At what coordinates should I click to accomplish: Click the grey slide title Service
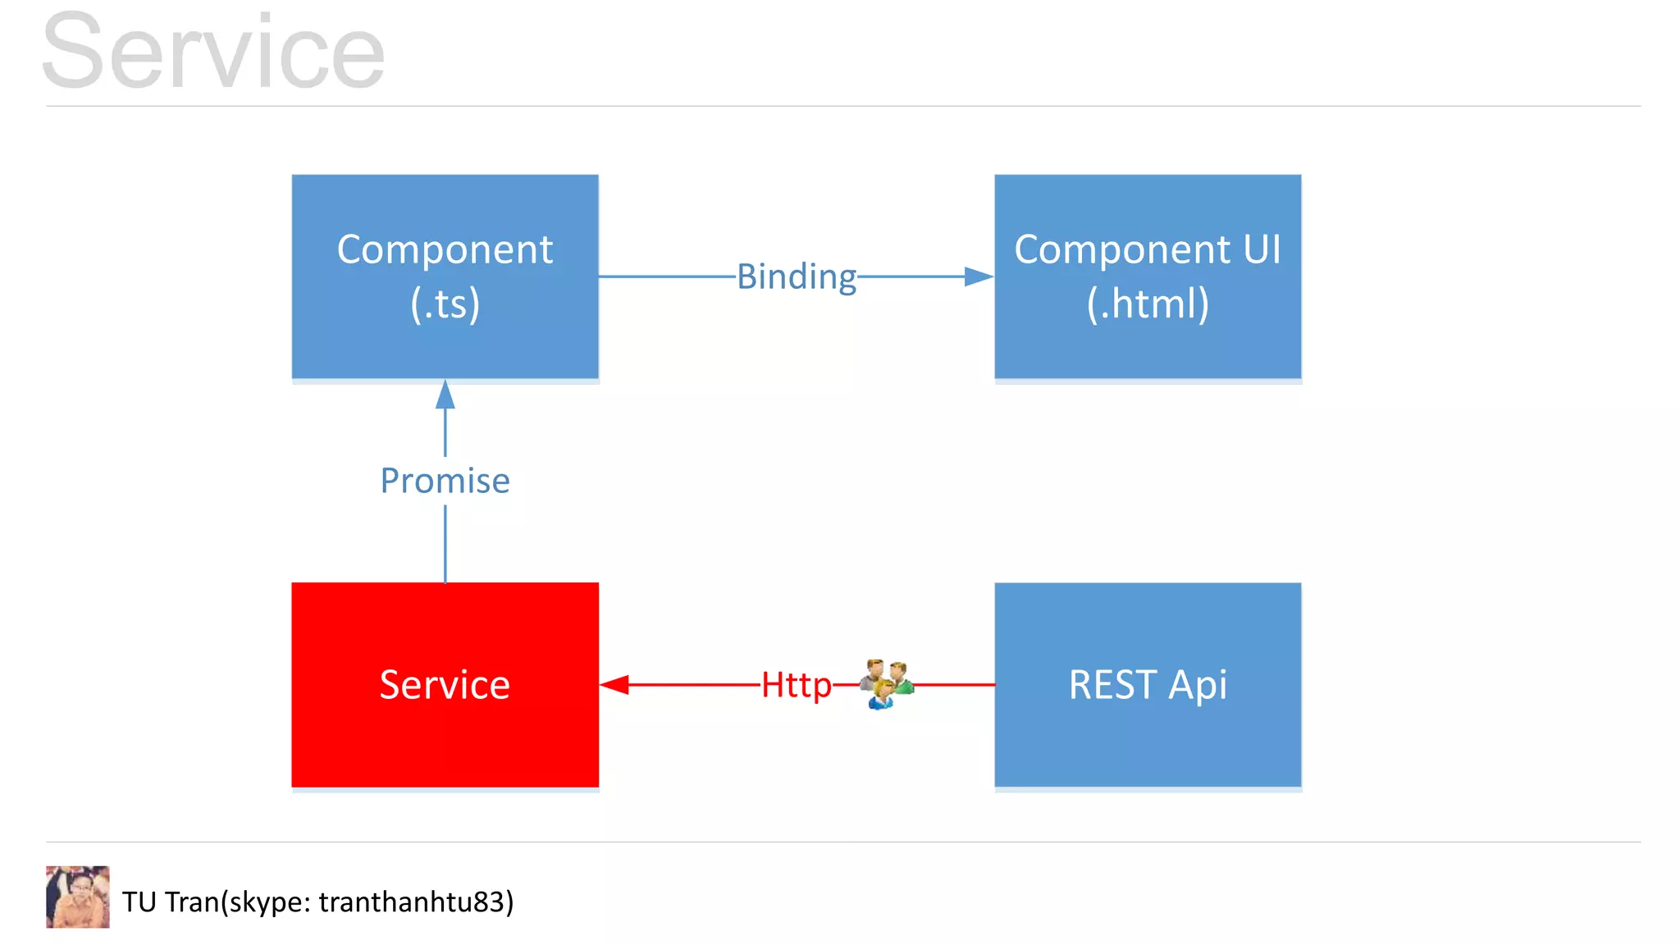213,51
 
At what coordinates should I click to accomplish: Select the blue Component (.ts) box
445,276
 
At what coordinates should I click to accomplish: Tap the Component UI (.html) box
1148,276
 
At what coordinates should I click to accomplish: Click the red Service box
445,685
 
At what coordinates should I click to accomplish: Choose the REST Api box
1148,685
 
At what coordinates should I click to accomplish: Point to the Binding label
797,277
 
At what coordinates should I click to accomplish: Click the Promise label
445,481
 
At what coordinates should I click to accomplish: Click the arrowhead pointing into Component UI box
979,276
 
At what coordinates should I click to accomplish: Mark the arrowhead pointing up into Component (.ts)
445,395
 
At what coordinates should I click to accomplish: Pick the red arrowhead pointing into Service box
614,684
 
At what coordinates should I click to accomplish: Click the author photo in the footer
78,897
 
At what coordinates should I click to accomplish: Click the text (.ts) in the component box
445,304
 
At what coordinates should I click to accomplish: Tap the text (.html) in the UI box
1148,304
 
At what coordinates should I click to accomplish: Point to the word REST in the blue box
1112,685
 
